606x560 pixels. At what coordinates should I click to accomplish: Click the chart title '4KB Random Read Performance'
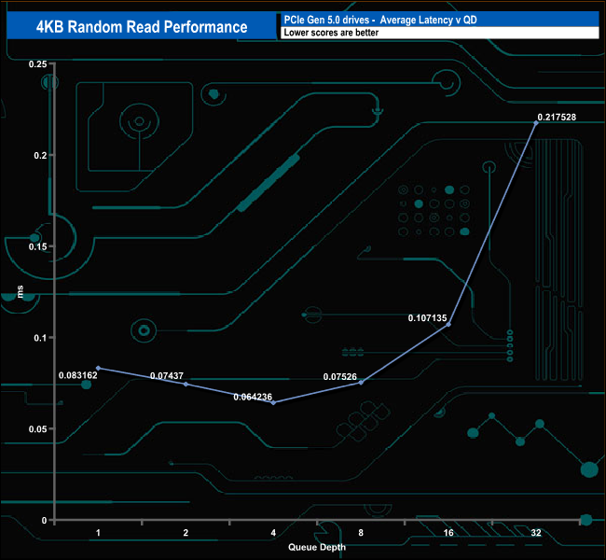[141, 26]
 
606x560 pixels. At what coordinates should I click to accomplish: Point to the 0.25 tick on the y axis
[37, 63]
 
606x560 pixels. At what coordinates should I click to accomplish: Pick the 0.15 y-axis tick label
[37, 246]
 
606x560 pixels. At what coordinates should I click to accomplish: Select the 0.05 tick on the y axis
[37, 428]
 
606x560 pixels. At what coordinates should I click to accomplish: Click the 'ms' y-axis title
[21, 291]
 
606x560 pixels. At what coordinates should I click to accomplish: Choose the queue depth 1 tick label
[98, 532]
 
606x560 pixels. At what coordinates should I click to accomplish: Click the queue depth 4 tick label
[273, 532]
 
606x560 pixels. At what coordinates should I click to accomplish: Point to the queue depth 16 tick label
[448, 532]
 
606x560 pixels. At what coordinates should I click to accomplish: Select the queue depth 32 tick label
[536, 532]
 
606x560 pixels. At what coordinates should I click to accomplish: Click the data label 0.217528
[556, 117]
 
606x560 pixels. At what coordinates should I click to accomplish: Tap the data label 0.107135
[428, 318]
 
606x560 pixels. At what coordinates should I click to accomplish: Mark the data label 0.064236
[253, 397]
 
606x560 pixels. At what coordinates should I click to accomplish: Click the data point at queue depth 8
[361, 383]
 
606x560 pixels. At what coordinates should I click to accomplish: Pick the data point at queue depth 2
[186, 384]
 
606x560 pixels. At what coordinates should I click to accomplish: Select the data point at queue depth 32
[536, 123]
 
